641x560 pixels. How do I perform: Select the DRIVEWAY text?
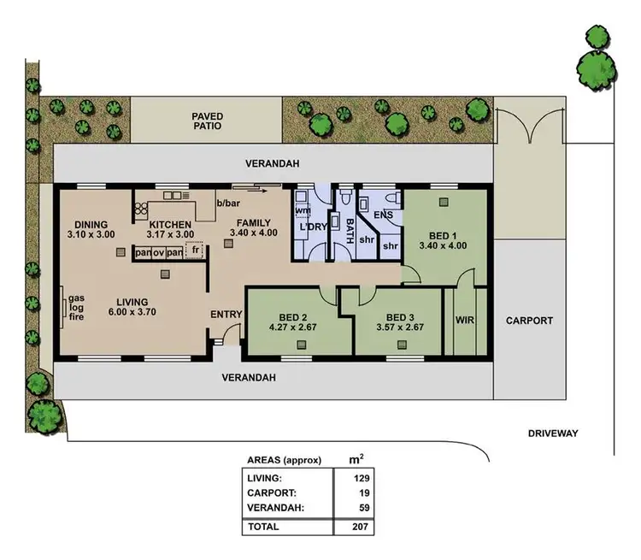click(x=553, y=433)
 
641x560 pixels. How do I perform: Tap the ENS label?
click(x=384, y=215)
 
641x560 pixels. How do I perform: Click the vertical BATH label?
click(x=350, y=230)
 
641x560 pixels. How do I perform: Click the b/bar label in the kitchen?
click(x=229, y=203)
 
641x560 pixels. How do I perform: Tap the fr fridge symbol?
click(x=196, y=251)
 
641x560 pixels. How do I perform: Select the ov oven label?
click(x=158, y=252)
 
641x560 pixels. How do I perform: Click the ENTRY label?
click(x=226, y=315)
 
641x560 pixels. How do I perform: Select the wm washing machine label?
click(x=302, y=209)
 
